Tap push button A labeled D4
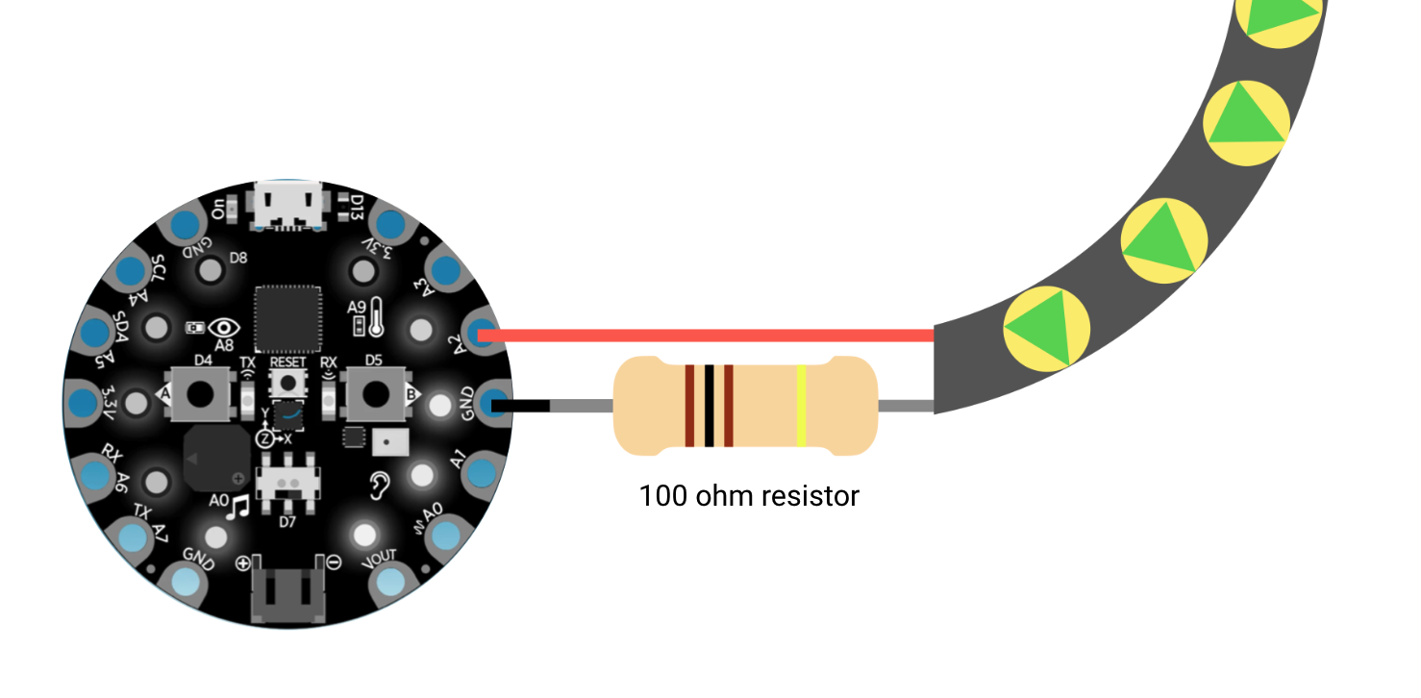[x=200, y=393]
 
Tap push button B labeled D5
[x=374, y=393]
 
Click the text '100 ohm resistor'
[x=749, y=496]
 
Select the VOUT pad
[x=390, y=580]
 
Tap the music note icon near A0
[x=237, y=507]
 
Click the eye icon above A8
[x=224, y=328]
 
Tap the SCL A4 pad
[x=130, y=272]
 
